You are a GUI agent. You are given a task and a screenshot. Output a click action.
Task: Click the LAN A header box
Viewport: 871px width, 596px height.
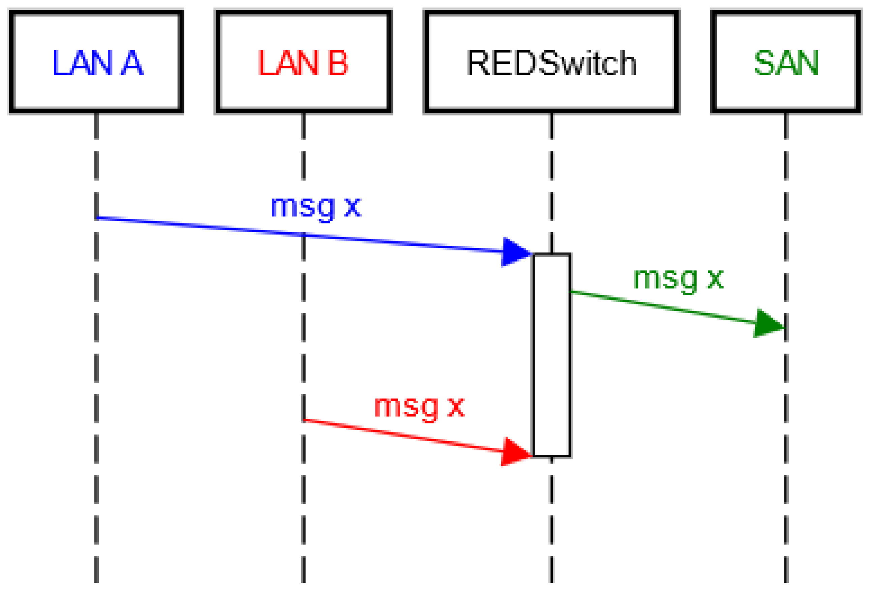pos(96,62)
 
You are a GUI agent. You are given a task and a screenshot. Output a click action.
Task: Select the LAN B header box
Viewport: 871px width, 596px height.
pos(303,62)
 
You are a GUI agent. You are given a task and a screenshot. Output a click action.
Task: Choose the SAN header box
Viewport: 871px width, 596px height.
pos(786,62)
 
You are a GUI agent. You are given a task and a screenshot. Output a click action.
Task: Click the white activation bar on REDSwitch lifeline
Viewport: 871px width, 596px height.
pos(551,354)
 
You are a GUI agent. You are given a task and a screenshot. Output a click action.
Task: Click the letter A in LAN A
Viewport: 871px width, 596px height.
pos(132,63)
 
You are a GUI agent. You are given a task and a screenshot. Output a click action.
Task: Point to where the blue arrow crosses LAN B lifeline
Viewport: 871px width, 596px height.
pos(303,234)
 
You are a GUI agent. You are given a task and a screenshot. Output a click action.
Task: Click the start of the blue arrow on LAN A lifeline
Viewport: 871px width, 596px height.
pos(97,217)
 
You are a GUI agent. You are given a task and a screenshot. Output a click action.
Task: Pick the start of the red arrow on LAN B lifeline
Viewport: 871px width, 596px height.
pos(304,420)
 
